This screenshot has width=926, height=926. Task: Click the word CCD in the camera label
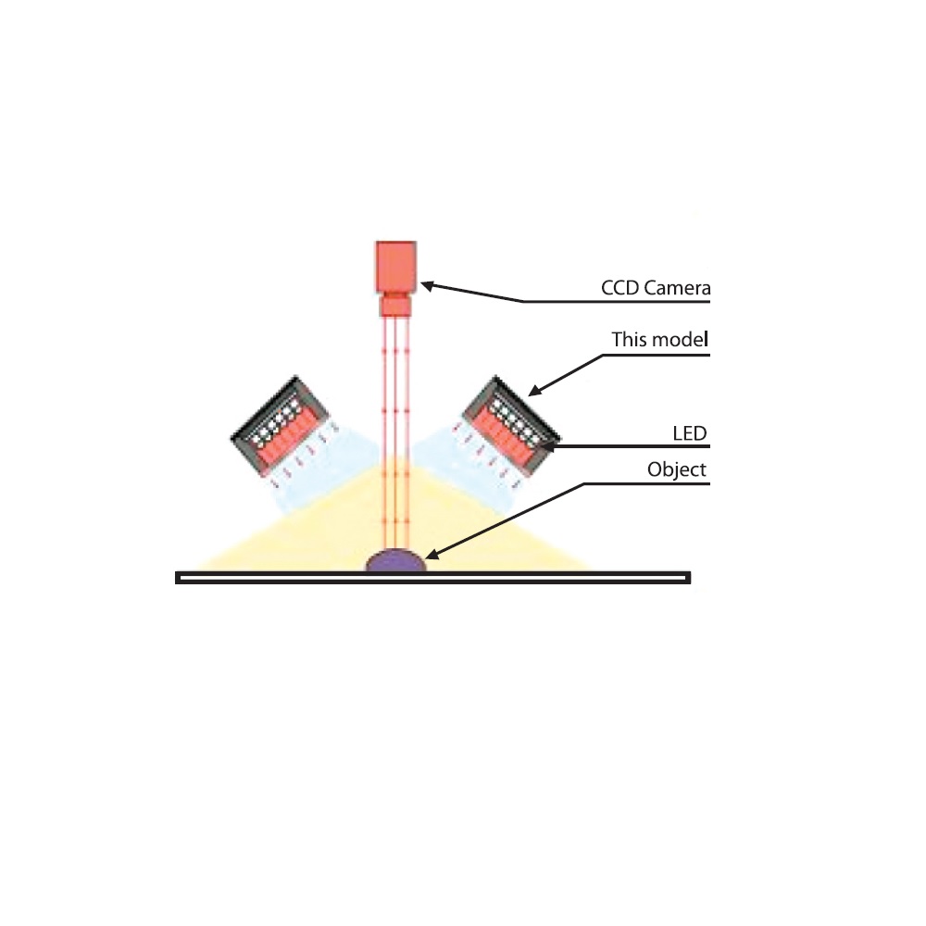pyautogui.click(x=620, y=288)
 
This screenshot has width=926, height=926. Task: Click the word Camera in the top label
pyautogui.click(x=677, y=288)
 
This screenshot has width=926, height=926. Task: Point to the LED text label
pyautogui.click(x=690, y=433)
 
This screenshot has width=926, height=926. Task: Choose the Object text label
pyautogui.click(x=677, y=469)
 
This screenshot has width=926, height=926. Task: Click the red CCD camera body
pyautogui.click(x=396, y=267)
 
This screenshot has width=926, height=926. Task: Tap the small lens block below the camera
pyautogui.click(x=395, y=305)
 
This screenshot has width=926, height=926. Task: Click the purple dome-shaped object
pyautogui.click(x=395, y=560)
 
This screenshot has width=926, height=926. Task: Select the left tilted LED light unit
pyautogui.click(x=280, y=426)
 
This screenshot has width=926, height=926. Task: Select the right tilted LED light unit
pyautogui.click(x=511, y=426)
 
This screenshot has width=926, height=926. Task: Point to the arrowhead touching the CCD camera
pyautogui.click(x=427, y=286)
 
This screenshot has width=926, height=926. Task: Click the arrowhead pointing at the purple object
pyautogui.click(x=432, y=554)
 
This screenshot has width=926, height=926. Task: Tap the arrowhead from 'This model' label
pyautogui.click(x=534, y=391)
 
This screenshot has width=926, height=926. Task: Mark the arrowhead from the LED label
pyautogui.click(x=547, y=446)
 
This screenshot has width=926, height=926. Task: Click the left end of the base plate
pyautogui.click(x=176, y=578)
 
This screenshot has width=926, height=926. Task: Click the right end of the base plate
pyautogui.click(x=690, y=578)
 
